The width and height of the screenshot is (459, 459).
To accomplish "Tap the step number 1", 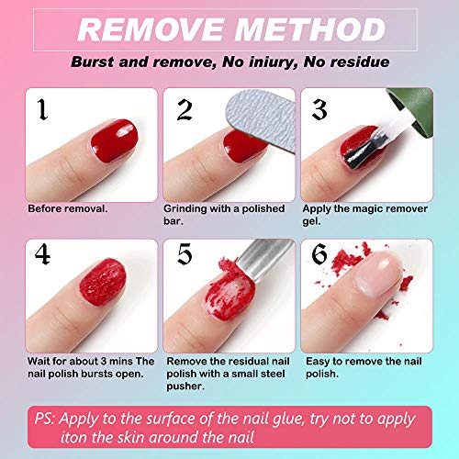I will pyautogui.click(x=41, y=111).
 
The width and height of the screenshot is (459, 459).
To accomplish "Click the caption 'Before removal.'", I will pyautogui.click(x=68, y=207).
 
